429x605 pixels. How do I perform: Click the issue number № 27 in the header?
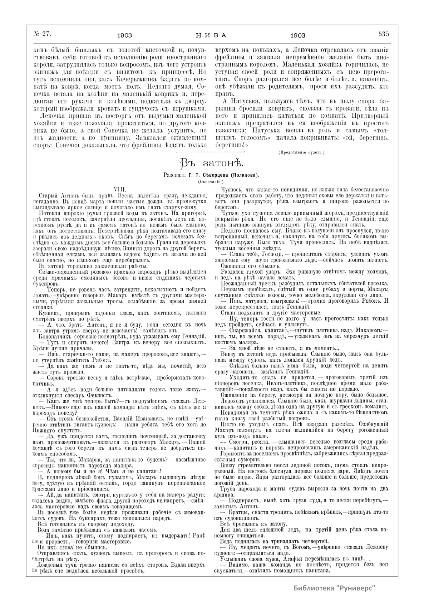tap(43, 34)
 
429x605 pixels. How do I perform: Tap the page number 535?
tap(383, 34)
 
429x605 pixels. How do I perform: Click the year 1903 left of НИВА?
tap(125, 35)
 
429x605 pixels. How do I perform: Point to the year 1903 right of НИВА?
tap(297, 35)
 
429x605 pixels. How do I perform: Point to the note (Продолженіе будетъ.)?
tap(301, 152)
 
